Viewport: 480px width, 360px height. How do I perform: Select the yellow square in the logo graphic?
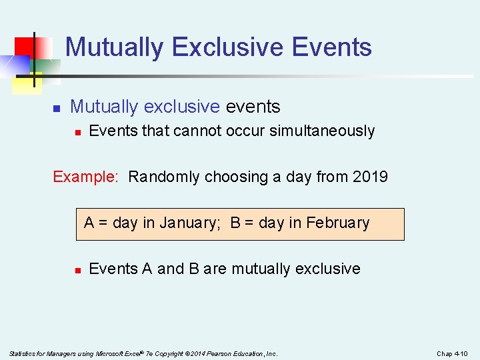click(x=25, y=81)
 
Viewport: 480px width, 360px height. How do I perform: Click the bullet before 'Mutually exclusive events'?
click(x=57, y=107)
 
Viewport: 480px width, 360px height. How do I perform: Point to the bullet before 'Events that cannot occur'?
click(x=77, y=132)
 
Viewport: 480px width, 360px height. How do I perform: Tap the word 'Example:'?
click(x=85, y=177)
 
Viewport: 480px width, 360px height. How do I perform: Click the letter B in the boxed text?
click(x=235, y=223)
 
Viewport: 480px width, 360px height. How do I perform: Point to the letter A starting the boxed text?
click(x=89, y=223)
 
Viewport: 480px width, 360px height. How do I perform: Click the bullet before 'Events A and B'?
click(x=77, y=270)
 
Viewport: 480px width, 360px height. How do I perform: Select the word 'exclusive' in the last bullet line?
click(x=327, y=269)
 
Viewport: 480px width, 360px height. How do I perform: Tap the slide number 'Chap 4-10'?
click(x=452, y=353)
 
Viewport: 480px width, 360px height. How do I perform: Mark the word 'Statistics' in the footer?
click(x=22, y=353)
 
